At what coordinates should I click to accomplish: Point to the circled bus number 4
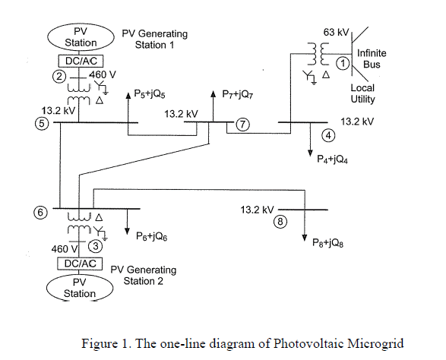[x=329, y=136]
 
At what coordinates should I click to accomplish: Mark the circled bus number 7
[x=242, y=124]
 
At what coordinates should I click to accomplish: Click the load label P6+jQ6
[x=152, y=236]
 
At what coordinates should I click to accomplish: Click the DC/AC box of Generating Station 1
[x=80, y=60]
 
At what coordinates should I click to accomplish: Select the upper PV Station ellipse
[x=80, y=36]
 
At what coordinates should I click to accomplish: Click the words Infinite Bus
[x=372, y=59]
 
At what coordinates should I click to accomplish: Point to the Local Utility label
[x=362, y=93]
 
